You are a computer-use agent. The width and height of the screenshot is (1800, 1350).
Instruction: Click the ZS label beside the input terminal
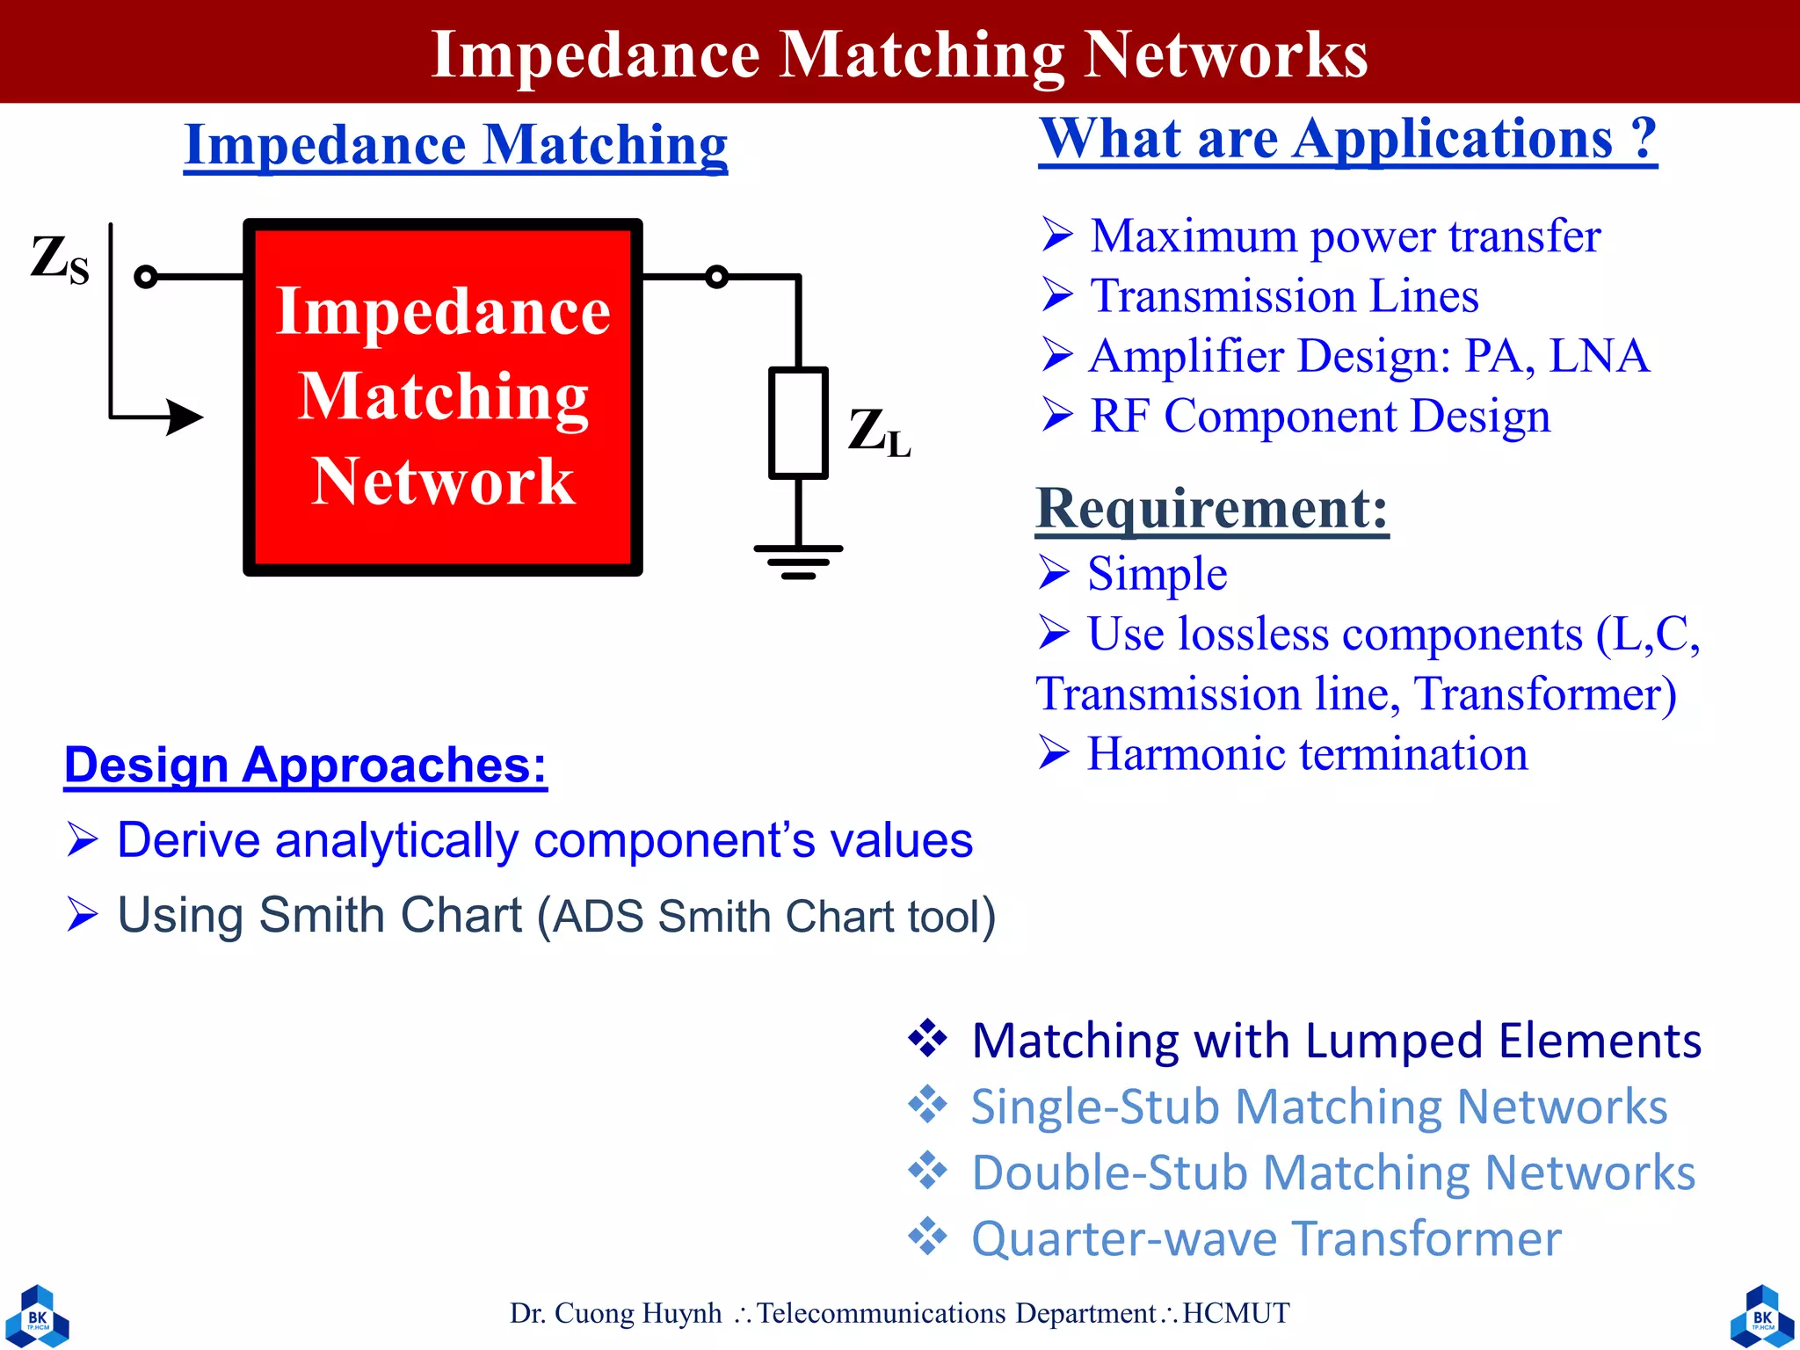click(60, 260)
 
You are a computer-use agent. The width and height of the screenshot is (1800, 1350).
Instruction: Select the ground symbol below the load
click(798, 560)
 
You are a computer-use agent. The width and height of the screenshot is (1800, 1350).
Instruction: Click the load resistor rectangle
click(798, 424)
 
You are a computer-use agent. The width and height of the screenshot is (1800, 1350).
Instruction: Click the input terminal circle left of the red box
click(146, 277)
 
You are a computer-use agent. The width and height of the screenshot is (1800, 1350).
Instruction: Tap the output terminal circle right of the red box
click(717, 277)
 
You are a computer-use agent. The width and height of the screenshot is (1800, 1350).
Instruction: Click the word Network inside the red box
click(443, 482)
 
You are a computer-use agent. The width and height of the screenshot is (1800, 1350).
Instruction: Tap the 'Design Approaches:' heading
click(305, 765)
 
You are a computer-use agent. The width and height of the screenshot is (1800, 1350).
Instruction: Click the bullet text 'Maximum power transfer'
click(1345, 236)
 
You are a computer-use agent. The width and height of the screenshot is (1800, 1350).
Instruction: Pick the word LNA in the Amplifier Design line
click(1599, 356)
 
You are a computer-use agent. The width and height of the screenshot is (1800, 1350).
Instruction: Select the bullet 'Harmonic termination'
click(1307, 754)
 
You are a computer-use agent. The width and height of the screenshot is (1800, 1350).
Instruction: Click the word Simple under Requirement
click(1157, 574)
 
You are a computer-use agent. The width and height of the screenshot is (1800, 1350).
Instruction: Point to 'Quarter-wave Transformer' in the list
click(1266, 1238)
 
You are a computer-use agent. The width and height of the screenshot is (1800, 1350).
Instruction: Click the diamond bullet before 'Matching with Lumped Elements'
click(928, 1038)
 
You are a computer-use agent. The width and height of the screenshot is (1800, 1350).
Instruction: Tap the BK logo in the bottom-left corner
click(37, 1316)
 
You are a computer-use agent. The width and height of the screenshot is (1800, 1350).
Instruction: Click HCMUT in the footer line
click(1236, 1313)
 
